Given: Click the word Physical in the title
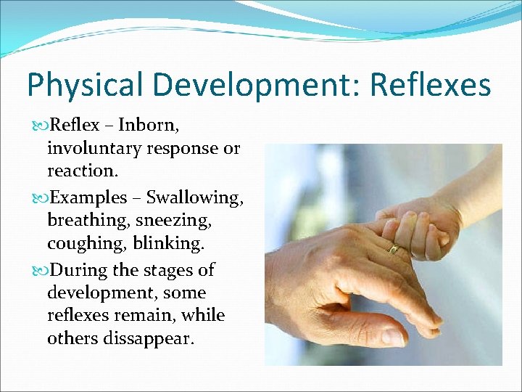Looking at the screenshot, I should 86,86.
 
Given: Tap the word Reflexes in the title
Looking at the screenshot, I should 431,86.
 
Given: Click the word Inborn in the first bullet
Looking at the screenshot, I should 148,125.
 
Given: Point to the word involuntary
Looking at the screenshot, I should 96,148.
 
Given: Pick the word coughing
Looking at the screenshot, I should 81,243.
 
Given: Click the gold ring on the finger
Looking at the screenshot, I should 394,248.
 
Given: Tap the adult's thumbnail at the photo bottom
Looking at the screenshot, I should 392,336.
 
